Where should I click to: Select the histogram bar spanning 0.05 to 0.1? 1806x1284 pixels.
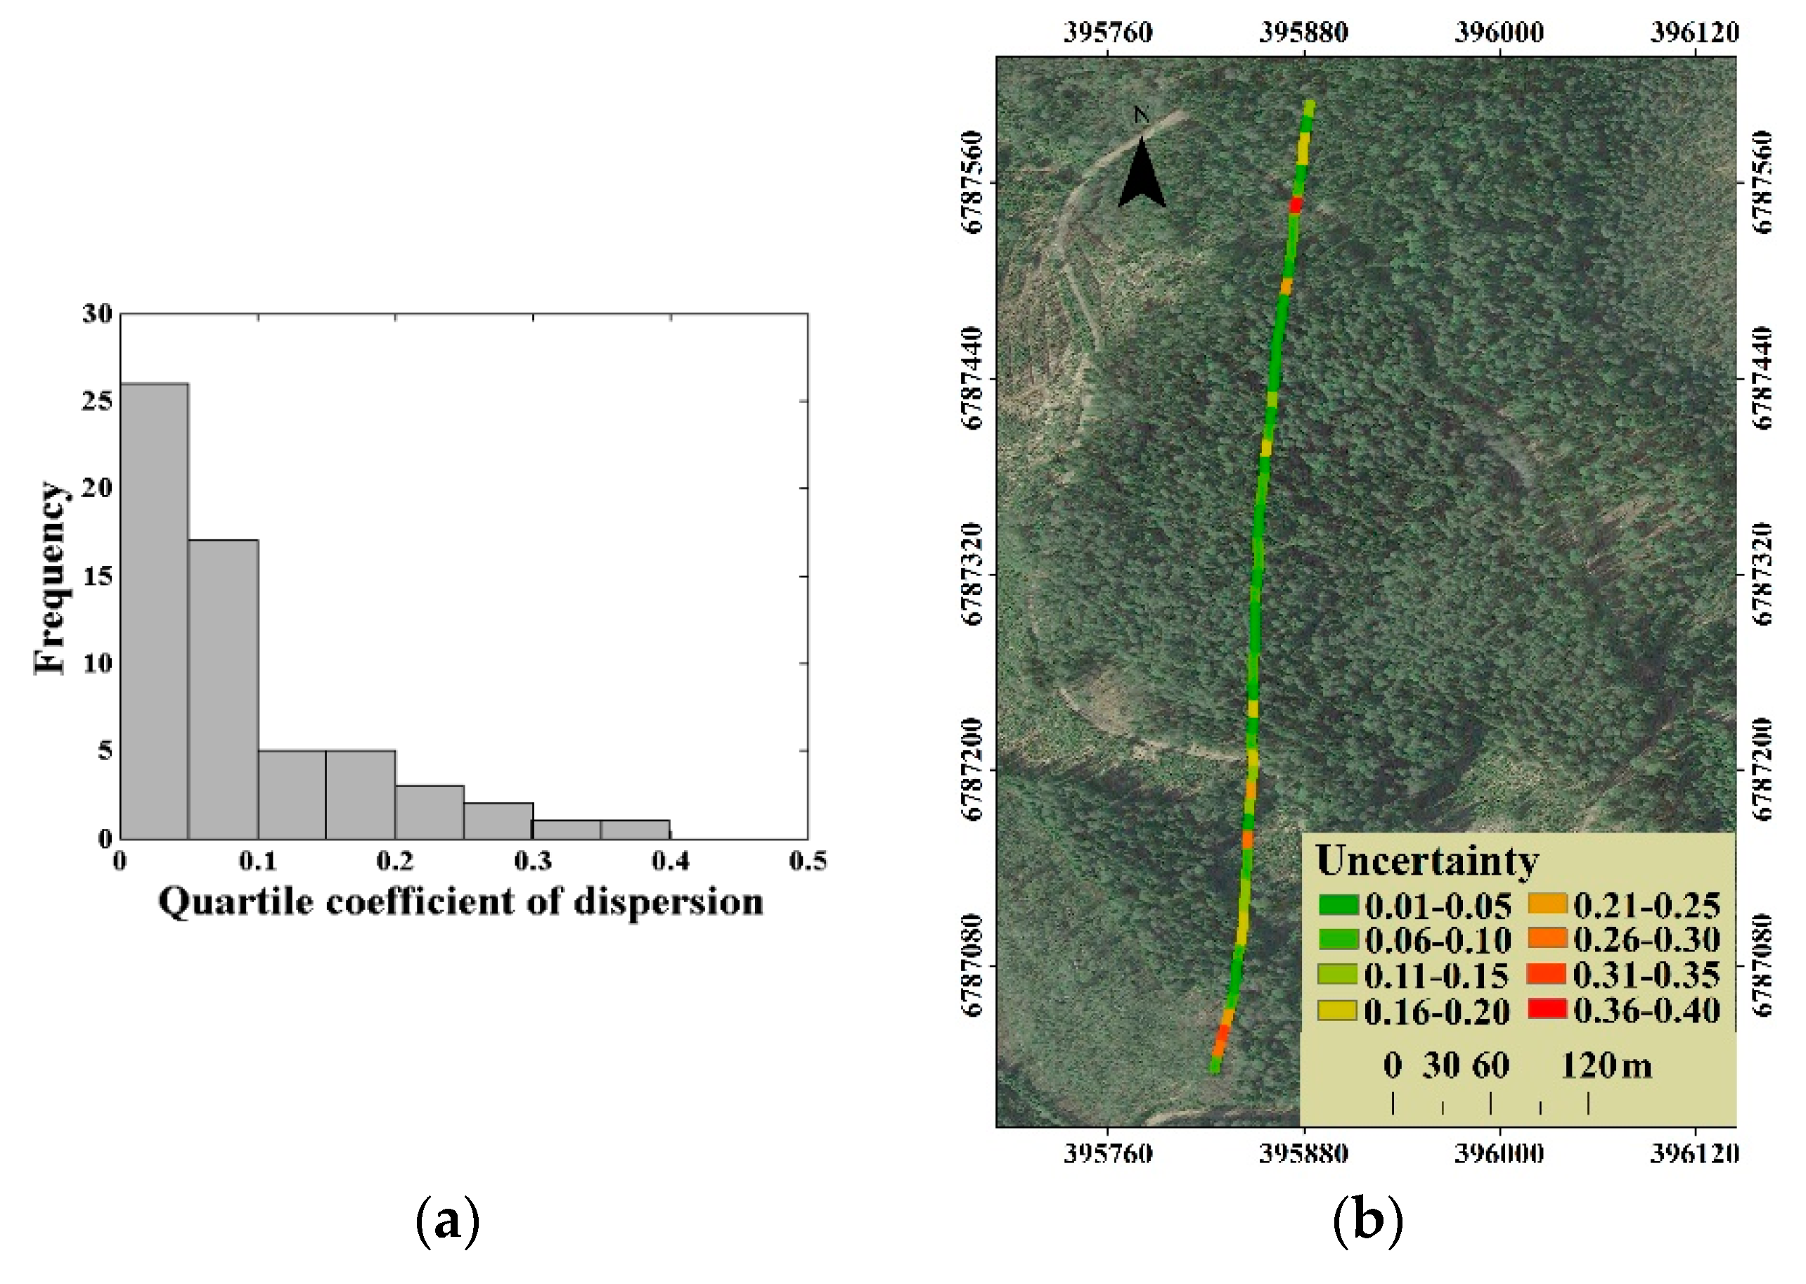[x=223, y=688]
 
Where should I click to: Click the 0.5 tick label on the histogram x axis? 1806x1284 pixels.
[x=808, y=861]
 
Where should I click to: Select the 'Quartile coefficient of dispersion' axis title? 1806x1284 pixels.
[x=460, y=902]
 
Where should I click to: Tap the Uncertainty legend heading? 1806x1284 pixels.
[x=1426, y=861]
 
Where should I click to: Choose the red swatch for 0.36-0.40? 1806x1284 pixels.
[x=1547, y=1009]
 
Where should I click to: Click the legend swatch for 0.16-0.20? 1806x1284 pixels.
[x=1337, y=1010]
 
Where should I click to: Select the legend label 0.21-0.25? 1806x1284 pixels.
[x=1646, y=905]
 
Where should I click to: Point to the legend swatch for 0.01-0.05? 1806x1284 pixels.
[x=1337, y=904]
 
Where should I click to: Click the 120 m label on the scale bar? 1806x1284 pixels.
[x=1606, y=1066]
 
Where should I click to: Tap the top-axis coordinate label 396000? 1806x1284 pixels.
[x=1499, y=32]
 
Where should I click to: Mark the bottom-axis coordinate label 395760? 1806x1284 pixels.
[x=1107, y=1153]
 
